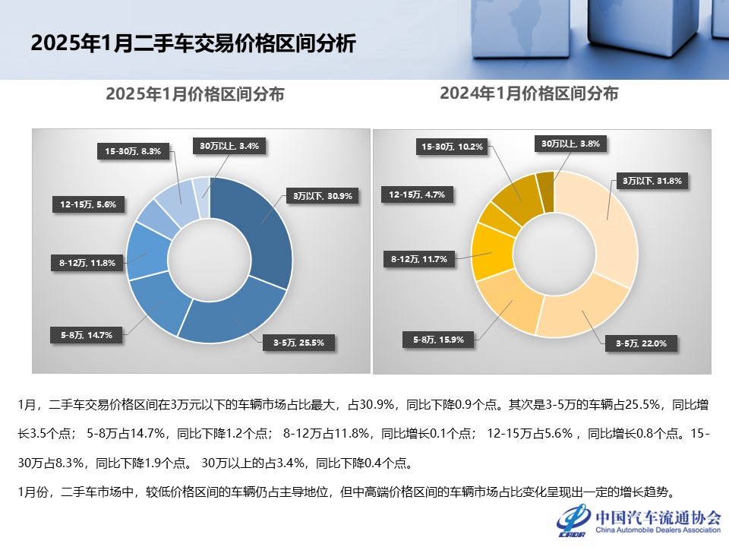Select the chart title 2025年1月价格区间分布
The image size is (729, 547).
coord(195,94)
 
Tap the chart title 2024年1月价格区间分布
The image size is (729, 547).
coord(529,93)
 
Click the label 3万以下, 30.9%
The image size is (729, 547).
coord(323,195)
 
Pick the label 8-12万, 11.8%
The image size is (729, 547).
coord(87,263)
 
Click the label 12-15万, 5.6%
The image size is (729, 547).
coord(90,204)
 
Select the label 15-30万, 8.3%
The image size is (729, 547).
coord(133,151)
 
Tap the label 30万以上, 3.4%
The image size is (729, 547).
coord(229,145)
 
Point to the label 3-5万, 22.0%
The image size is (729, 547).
coord(636,343)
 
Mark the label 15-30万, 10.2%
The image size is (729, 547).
coord(453,146)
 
